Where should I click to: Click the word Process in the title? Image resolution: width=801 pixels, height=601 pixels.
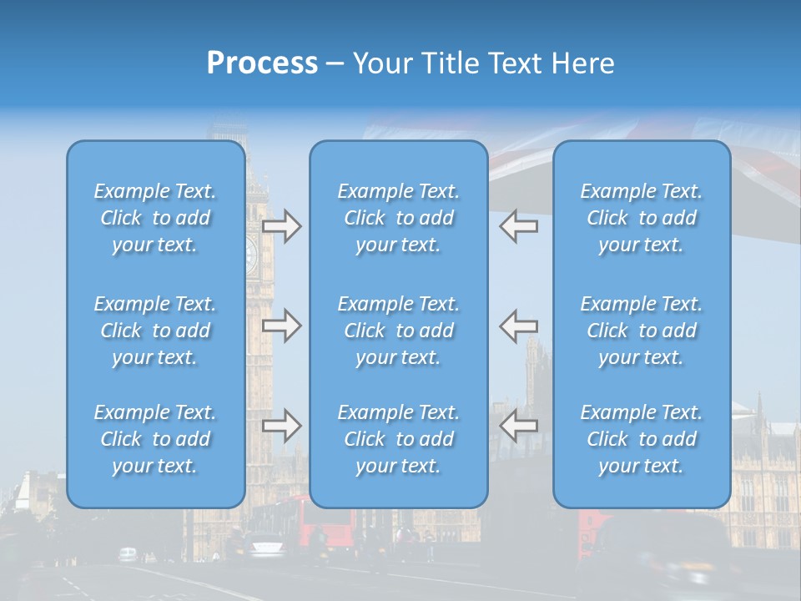click(x=262, y=63)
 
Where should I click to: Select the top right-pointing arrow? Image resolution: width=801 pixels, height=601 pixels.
click(x=281, y=226)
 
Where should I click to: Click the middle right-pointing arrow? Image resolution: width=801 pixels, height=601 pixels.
click(x=281, y=326)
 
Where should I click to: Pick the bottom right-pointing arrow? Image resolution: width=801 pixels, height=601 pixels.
click(x=281, y=426)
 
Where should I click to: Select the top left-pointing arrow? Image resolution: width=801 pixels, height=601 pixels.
click(x=518, y=226)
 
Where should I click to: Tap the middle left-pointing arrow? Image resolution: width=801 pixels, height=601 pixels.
click(x=518, y=326)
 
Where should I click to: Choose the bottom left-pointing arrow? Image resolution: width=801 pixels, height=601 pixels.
click(x=518, y=426)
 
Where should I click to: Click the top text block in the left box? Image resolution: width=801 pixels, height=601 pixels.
click(x=155, y=218)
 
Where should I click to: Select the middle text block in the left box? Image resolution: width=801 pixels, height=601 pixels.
click(x=155, y=331)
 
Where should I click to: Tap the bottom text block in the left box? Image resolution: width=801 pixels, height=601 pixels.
click(x=155, y=439)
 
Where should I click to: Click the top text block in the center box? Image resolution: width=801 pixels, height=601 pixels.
click(x=398, y=218)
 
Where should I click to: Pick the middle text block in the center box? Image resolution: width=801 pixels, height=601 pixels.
click(x=398, y=331)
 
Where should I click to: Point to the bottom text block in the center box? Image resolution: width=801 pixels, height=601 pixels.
click(x=398, y=439)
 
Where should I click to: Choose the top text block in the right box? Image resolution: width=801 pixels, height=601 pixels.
click(x=642, y=218)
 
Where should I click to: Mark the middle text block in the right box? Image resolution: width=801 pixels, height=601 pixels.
click(x=642, y=331)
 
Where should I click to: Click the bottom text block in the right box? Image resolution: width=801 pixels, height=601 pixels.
click(x=642, y=439)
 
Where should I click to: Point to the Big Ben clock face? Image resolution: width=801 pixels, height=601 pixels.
click(x=251, y=254)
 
